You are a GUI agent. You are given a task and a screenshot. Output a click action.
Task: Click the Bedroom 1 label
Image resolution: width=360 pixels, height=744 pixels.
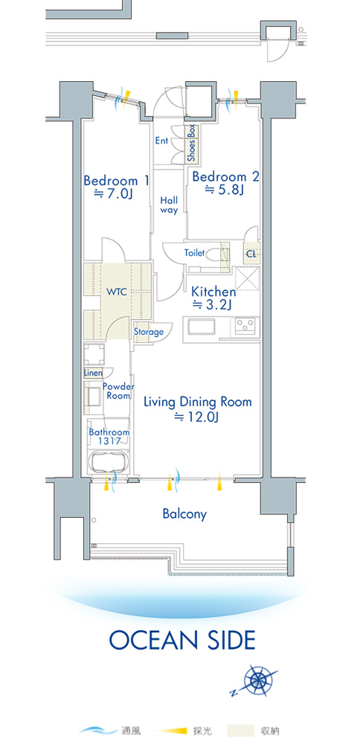coord(116,181)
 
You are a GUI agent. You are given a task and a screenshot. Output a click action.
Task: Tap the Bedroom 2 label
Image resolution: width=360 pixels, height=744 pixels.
coord(226,177)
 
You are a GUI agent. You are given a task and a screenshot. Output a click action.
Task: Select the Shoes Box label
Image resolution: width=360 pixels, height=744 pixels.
coord(191,144)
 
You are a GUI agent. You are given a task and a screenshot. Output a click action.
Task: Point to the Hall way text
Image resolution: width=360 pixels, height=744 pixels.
coord(168,205)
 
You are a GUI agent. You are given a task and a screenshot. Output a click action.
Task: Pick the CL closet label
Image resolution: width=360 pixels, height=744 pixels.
coord(251,254)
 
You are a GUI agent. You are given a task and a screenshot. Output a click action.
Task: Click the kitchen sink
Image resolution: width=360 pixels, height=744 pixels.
coord(202,327)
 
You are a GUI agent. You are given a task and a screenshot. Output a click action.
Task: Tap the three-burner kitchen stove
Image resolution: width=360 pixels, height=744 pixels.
coord(245,324)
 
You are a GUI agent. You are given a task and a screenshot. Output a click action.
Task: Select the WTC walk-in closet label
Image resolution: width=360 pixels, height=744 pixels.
coord(117,292)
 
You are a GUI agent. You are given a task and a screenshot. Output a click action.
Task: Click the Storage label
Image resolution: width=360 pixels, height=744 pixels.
coord(148,332)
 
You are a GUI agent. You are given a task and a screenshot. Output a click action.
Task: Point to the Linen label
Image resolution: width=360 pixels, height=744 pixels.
coord(93,373)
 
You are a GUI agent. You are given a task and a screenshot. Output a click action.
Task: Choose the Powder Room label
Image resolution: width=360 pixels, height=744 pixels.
coord(118,391)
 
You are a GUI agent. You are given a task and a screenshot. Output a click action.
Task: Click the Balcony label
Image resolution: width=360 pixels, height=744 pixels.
coord(184,514)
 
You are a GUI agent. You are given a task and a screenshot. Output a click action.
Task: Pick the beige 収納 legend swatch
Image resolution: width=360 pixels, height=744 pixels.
coord(240,731)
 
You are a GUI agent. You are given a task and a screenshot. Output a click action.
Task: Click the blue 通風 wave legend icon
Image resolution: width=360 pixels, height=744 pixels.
coord(97,731)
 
